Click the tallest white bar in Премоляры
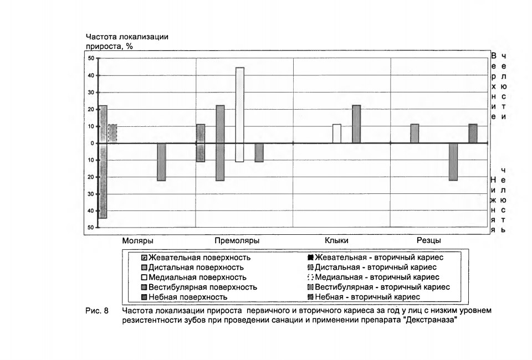pos(240,115)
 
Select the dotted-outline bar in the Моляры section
pos(112,133)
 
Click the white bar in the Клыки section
pos(337,133)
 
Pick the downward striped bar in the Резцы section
pos(453,162)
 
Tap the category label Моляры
pos(138,241)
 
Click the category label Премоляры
pos(237,241)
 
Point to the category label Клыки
pos(336,240)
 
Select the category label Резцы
pos(429,240)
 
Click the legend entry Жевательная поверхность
pos(196,258)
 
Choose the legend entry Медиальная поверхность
pos(194,277)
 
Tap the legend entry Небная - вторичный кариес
pos(364,297)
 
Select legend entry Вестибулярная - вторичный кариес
pos(378,287)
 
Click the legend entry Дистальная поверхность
pos(192,268)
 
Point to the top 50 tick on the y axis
pos(91,58)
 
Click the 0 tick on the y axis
pos(93,143)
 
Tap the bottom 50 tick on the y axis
pos(91,228)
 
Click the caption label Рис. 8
pos(97,311)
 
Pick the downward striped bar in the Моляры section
pos(161,162)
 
